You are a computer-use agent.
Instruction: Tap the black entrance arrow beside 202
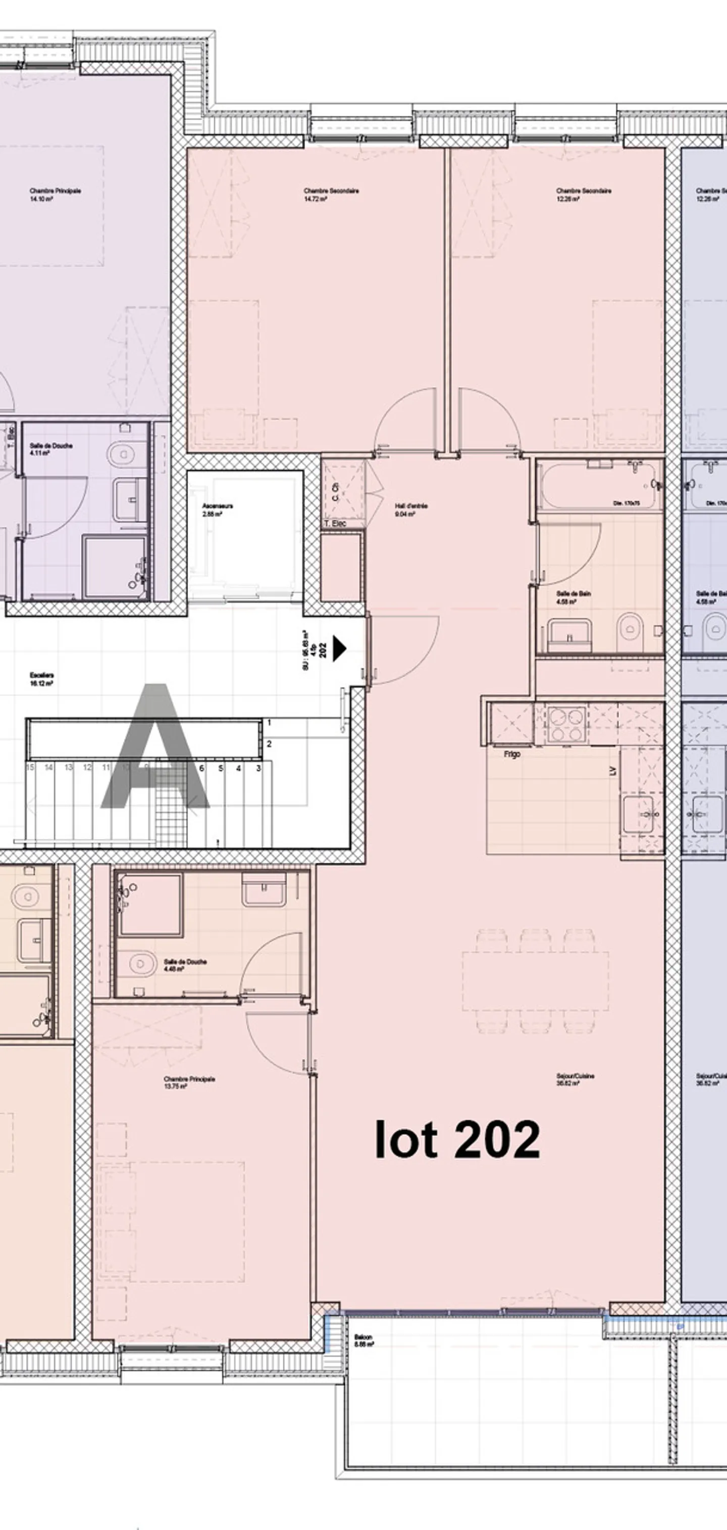click(339, 648)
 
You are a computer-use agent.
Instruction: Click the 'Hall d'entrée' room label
click(410, 509)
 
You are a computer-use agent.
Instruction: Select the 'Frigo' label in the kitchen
click(511, 754)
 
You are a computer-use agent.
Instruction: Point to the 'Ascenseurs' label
click(217, 509)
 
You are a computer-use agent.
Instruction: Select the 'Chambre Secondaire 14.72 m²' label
click(331, 194)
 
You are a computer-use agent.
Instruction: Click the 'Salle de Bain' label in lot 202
click(573, 597)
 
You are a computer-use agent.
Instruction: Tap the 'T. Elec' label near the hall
click(335, 523)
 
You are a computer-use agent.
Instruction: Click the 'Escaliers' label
click(41, 679)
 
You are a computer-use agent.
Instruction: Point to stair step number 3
click(258, 768)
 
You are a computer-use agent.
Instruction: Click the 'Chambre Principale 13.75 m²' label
click(189, 1082)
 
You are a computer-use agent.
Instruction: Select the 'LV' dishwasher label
click(613, 771)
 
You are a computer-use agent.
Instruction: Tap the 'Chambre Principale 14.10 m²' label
click(55, 194)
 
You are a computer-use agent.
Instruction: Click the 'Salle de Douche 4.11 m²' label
click(51, 448)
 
